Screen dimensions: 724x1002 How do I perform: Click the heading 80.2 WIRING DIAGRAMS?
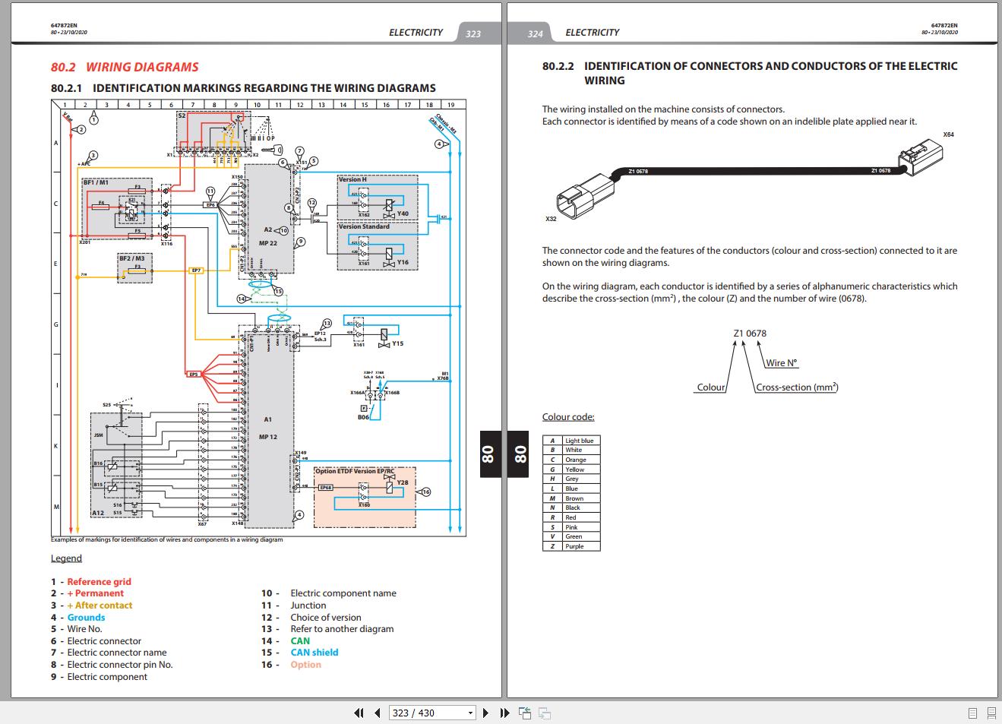(x=125, y=67)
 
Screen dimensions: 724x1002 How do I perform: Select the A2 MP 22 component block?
(x=268, y=236)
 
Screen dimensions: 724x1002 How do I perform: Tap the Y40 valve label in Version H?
(x=403, y=213)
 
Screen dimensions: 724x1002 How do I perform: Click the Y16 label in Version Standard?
(x=403, y=262)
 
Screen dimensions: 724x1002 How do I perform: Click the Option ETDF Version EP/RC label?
(x=356, y=471)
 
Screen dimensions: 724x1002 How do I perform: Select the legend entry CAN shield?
(x=315, y=653)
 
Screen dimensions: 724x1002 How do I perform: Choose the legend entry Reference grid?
(x=99, y=582)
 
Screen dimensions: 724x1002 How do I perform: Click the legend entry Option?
(x=305, y=665)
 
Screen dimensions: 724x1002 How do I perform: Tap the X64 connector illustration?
(x=922, y=160)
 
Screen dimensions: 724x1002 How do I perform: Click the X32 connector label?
(x=551, y=219)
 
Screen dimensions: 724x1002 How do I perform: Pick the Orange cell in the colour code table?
(x=575, y=460)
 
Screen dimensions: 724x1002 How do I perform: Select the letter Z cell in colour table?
(x=552, y=546)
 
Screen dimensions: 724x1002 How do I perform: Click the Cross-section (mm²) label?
(x=797, y=387)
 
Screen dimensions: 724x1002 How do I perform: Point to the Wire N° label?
(x=781, y=363)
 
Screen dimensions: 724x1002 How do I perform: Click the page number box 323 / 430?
(x=431, y=713)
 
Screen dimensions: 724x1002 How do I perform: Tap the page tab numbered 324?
(x=535, y=33)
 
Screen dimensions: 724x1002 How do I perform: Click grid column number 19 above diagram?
(x=450, y=105)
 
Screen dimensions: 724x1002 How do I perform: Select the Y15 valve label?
(x=397, y=344)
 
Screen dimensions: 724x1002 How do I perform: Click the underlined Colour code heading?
(x=568, y=417)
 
